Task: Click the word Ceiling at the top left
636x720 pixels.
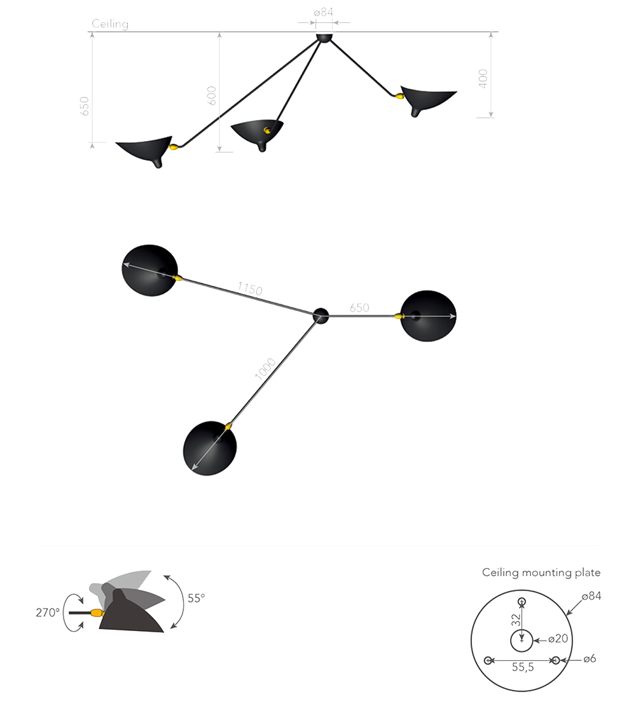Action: pos(110,24)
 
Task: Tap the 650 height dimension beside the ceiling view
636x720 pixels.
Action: pos(84,106)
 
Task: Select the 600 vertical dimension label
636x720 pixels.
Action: pos(211,95)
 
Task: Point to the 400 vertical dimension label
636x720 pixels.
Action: pos(483,79)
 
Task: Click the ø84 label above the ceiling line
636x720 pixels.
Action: pos(324,13)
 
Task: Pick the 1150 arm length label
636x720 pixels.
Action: pos(250,289)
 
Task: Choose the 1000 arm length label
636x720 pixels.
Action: pos(265,369)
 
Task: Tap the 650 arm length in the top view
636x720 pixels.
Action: pos(359,308)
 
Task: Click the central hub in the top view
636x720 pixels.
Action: pos(321,316)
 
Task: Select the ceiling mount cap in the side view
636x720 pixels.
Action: pos(324,37)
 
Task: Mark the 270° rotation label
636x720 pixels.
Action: pos(48,613)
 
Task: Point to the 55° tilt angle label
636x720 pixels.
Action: pos(197,599)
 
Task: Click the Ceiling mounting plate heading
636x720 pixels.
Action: pos(541,573)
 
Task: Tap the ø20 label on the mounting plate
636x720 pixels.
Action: pos(558,639)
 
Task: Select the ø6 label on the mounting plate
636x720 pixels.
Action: pos(590,659)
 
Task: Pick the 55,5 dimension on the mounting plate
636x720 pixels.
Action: pos(523,668)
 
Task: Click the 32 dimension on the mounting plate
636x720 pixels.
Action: pos(516,620)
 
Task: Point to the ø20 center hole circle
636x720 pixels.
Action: pos(522,630)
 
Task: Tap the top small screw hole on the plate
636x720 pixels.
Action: pos(522,602)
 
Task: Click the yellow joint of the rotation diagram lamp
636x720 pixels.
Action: pos(97,613)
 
